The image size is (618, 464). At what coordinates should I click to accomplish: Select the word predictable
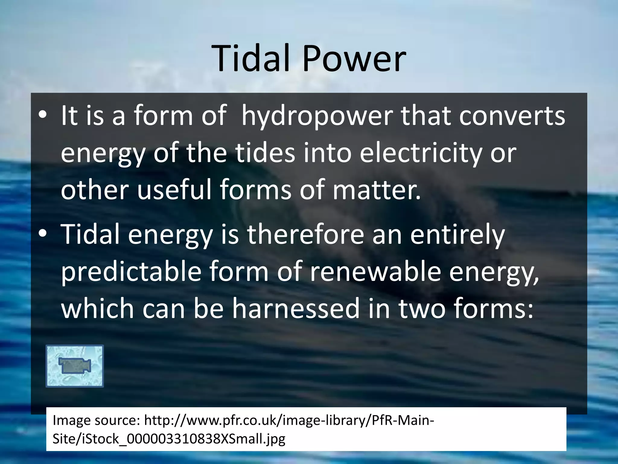point(131,272)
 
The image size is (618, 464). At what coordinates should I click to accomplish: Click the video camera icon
point(75,366)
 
